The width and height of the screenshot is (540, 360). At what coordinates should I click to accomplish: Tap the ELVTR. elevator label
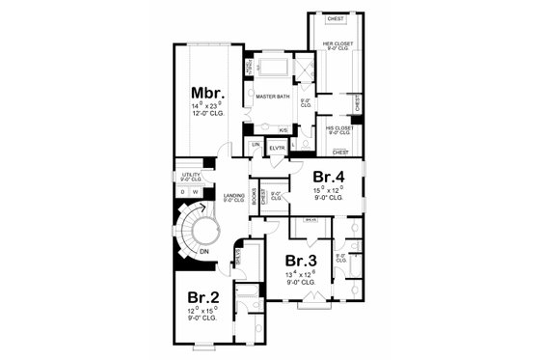[277, 146]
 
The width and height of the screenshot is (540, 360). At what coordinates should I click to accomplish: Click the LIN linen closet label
[256, 146]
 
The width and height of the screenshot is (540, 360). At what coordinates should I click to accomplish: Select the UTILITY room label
[189, 175]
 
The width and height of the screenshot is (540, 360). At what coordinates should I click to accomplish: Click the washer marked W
[197, 191]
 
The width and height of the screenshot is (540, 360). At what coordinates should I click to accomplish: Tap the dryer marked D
[183, 191]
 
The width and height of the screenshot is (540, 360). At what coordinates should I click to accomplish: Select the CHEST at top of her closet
[335, 18]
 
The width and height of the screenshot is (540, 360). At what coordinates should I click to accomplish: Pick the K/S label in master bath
[283, 130]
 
